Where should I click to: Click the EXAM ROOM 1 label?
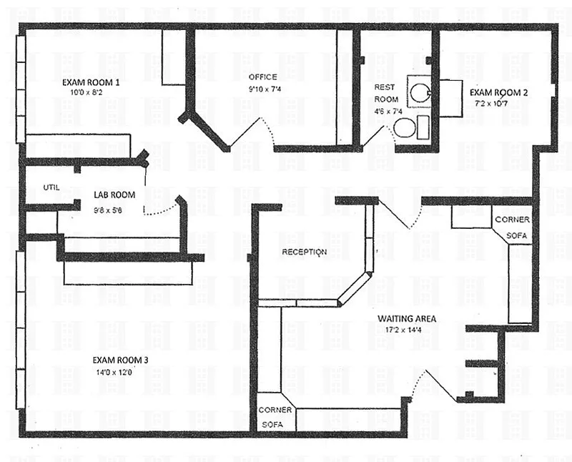coord(91,82)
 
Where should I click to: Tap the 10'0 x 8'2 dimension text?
coord(86,92)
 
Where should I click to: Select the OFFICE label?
coord(262,77)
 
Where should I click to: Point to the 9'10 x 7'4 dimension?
coord(265,89)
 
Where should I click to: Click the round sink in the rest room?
coord(419,92)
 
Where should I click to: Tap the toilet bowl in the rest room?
coord(405,128)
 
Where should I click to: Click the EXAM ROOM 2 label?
coord(498,92)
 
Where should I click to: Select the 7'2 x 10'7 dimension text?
coord(490,103)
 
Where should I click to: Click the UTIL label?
coord(51,187)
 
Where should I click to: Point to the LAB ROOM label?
coord(114,195)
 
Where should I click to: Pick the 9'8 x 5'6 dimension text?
coord(107,210)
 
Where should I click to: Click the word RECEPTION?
coord(305,252)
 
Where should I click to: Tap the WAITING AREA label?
coord(407,318)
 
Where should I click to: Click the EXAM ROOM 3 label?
coord(120,360)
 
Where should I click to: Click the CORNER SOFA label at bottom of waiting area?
coord(275,417)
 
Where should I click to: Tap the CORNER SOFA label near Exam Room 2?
coord(512,227)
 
